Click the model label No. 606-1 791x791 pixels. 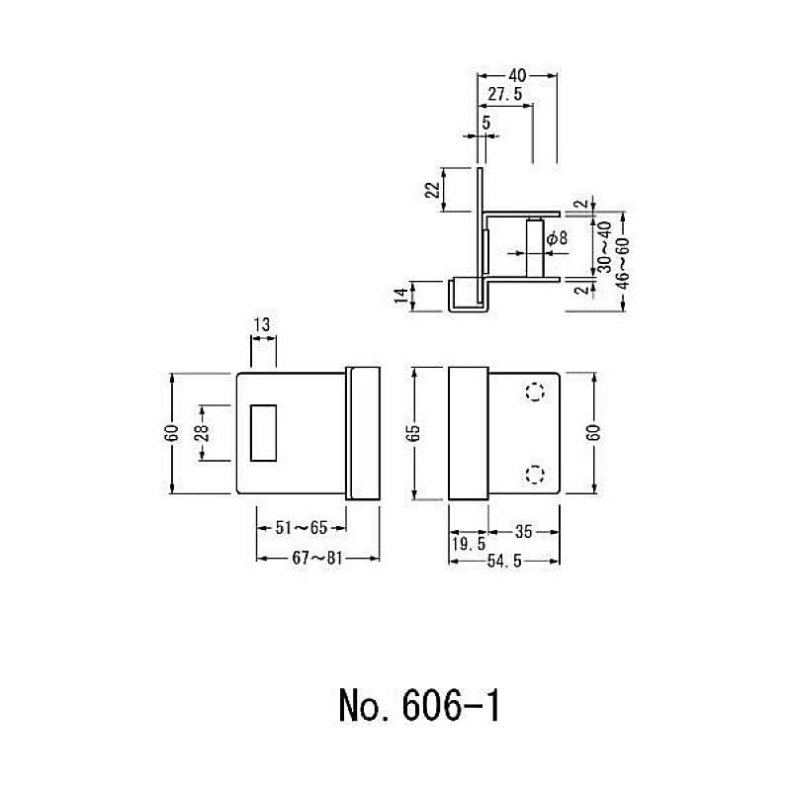click(x=419, y=706)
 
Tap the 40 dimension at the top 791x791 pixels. click(x=517, y=76)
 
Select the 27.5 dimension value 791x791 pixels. click(x=505, y=94)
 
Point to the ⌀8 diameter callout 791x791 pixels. click(x=557, y=237)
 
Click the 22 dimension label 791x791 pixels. click(x=433, y=190)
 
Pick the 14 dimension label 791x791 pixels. click(x=401, y=296)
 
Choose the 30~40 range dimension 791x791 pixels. click(x=604, y=247)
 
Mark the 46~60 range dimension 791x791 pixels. click(x=624, y=263)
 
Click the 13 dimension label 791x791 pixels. click(x=262, y=324)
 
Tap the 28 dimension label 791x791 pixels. click(x=202, y=433)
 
